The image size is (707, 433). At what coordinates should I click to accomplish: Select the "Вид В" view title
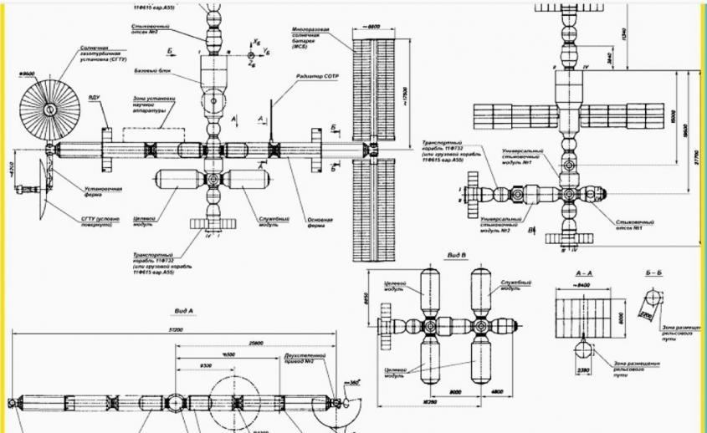(457, 253)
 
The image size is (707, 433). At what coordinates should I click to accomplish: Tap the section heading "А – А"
(585, 273)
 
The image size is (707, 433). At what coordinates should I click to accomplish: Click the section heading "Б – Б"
(654, 273)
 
